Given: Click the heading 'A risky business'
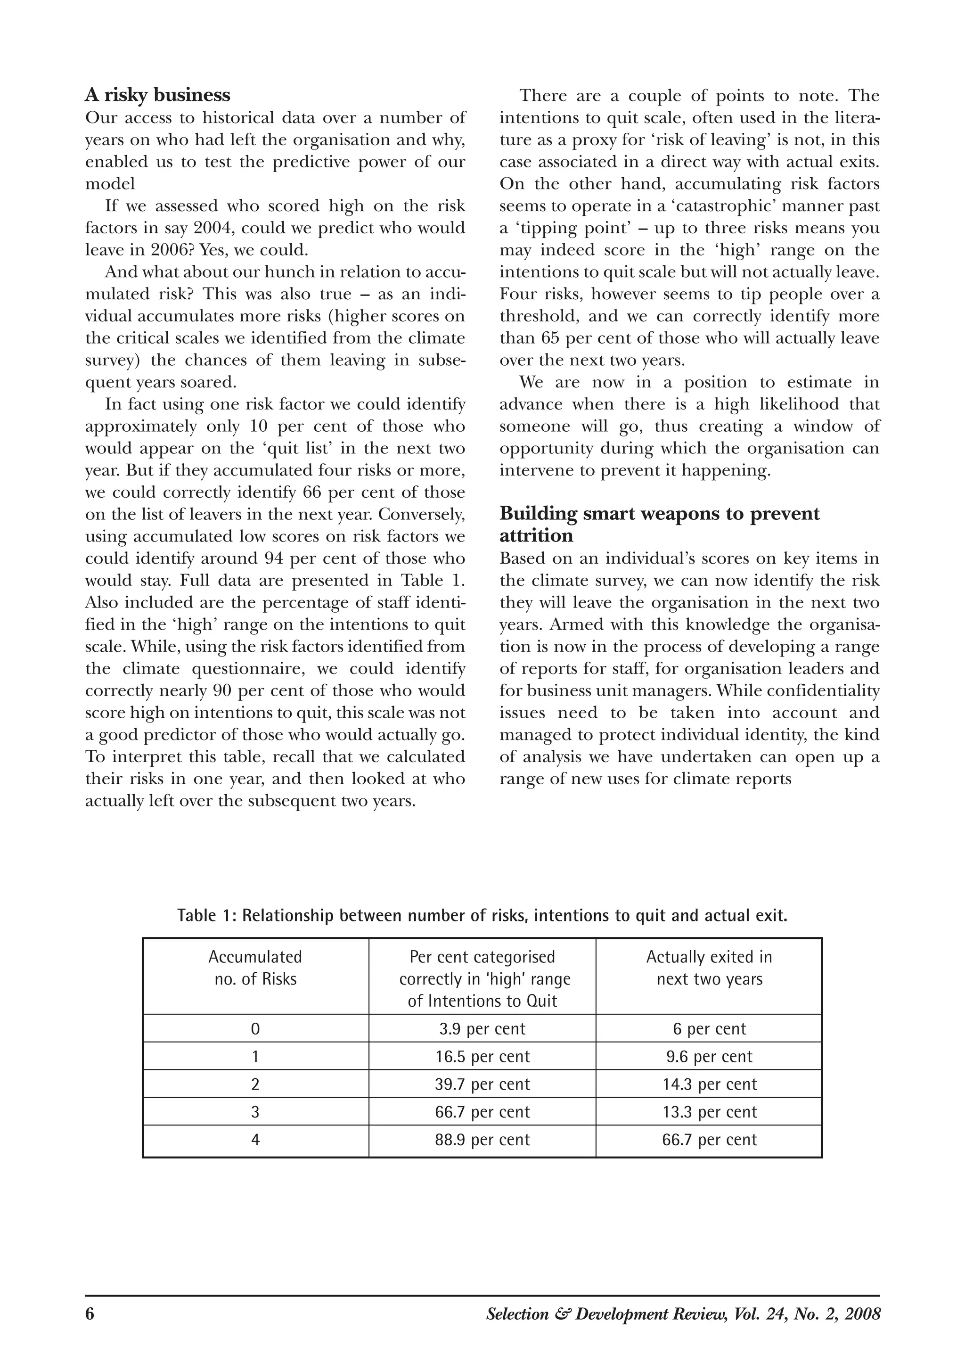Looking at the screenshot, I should pyautogui.click(x=157, y=95).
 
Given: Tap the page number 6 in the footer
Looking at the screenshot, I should pyautogui.click(x=90, y=1314).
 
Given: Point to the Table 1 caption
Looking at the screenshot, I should pyautogui.click(x=482, y=915).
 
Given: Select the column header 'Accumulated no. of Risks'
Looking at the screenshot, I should pyautogui.click(x=255, y=968).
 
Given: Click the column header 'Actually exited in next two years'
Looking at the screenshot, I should pyautogui.click(x=709, y=968).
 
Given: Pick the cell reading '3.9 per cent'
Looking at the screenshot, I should pyautogui.click(x=482, y=1029).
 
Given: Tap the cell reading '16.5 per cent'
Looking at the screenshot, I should pyautogui.click(x=482, y=1056).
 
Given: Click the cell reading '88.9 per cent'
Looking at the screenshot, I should pyautogui.click(x=482, y=1140).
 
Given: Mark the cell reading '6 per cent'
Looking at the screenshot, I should pyautogui.click(x=709, y=1029).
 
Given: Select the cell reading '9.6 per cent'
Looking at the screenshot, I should pyautogui.click(x=709, y=1056).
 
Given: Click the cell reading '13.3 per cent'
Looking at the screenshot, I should pyautogui.click(x=709, y=1112).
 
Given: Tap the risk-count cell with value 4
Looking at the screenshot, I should pyautogui.click(x=255, y=1140).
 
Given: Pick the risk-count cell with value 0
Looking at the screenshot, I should pyautogui.click(x=255, y=1029).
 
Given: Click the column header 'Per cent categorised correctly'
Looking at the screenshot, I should pyautogui.click(x=482, y=978).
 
